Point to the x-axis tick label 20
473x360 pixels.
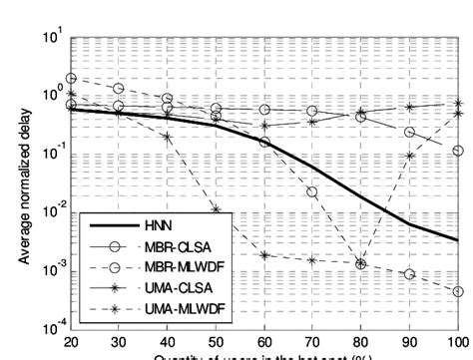[x=71, y=342]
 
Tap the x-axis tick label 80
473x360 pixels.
[x=361, y=342]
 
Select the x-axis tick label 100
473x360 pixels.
[x=456, y=342]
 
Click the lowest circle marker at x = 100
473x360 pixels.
[x=457, y=292]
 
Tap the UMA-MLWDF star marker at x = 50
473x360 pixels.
[x=217, y=209]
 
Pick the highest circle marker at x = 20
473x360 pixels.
[x=71, y=78]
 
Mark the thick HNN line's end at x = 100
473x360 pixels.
[x=457, y=240]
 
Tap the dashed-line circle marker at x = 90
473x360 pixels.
[x=409, y=274]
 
